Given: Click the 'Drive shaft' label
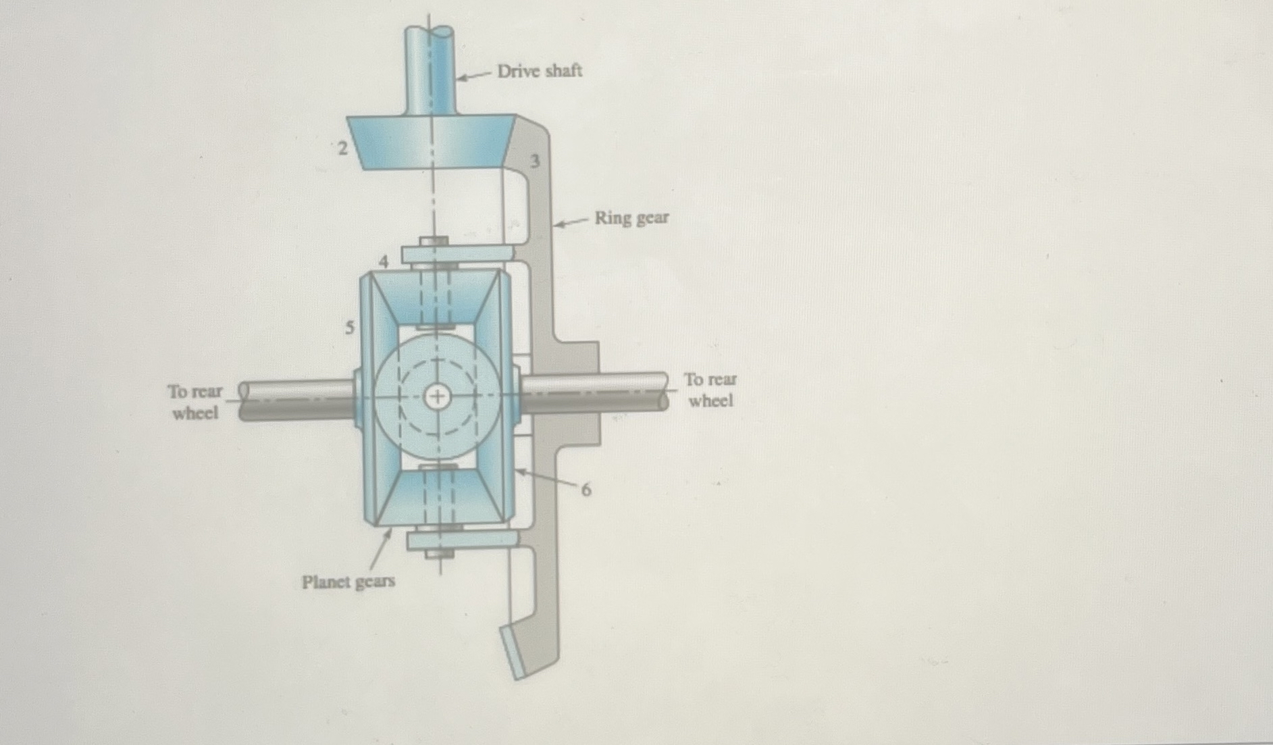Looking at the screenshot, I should pyautogui.click(x=539, y=70).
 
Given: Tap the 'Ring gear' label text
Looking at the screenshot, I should pyautogui.click(x=631, y=218).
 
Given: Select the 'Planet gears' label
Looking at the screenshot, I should pyautogui.click(x=348, y=582).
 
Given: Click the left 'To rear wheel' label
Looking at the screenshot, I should pyautogui.click(x=194, y=402).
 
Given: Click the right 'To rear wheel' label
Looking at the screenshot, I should pyautogui.click(x=710, y=390).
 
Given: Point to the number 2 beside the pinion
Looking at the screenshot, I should pyautogui.click(x=343, y=148).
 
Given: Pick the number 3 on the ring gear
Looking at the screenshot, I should pyautogui.click(x=535, y=161).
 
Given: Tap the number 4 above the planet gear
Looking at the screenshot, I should pyautogui.click(x=384, y=261).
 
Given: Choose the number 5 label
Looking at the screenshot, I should pyautogui.click(x=349, y=328).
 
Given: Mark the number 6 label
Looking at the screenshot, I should pyautogui.click(x=586, y=490).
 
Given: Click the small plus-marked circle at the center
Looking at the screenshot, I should pyautogui.click(x=437, y=396).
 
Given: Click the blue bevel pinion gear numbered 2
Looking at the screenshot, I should pyautogui.click(x=431, y=142).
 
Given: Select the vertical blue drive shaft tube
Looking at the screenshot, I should pyautogui.click(x=430, y=71).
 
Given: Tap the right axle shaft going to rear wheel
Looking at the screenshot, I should pyautogui.click(x=594, y=392).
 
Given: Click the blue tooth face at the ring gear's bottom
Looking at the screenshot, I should pyautogui.click(x=513, y=652).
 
